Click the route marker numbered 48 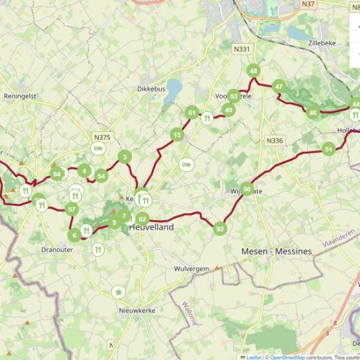coord(253,71)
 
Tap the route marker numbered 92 coord(220,229)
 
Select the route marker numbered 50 coord(247,189)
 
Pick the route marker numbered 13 coord(176,135)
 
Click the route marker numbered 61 coord(192,112)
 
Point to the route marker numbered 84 coord(57,175)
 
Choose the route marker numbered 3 coord(125,157)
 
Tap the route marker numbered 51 coord(328,149)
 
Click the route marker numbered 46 coord(313,112)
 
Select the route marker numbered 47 coord(278,86)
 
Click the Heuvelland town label coord(152,227)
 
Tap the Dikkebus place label coord(151,89)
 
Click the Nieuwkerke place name coord(137,310)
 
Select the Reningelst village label coord(21,96)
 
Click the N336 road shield coord(274,140)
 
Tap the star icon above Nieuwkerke coord(119,292)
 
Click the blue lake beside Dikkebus coord(173,91)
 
